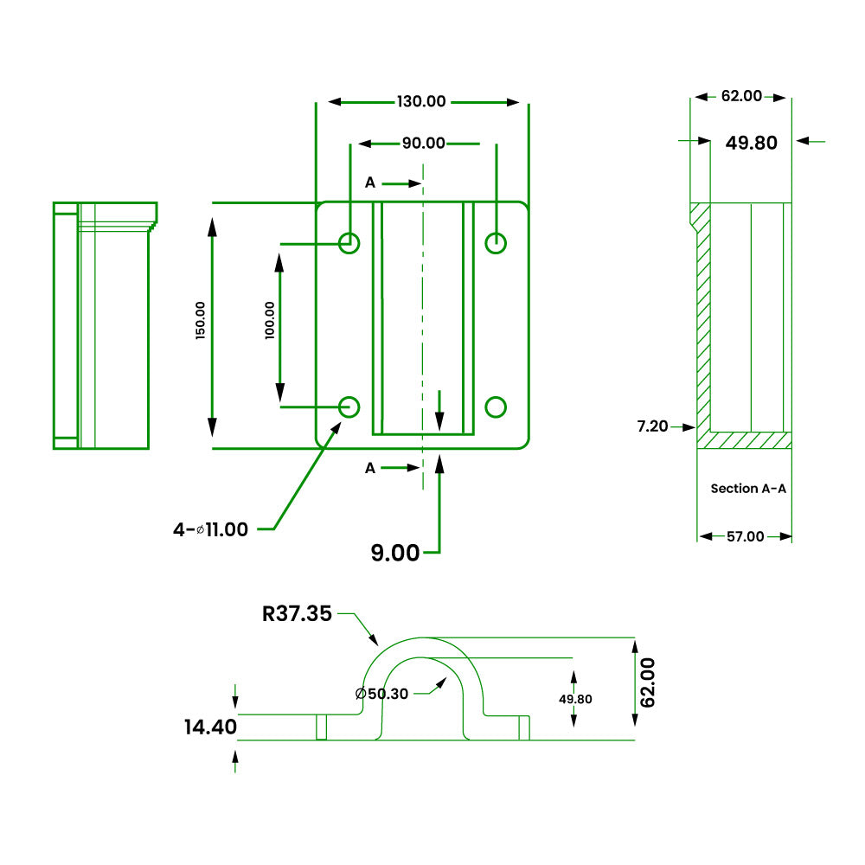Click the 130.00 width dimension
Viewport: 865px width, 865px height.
coord(421,101)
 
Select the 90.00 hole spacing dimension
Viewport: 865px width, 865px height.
coord(423,144)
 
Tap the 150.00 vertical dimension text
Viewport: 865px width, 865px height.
coord(201,320)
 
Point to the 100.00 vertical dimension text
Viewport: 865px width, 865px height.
coord(270,320)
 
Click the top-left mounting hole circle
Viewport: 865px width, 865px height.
coord(349,243)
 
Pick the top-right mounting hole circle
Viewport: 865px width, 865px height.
coord(496,243)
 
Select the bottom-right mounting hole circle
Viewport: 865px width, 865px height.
coord(496,407)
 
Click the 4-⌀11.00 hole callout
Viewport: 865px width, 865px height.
coord(210,529)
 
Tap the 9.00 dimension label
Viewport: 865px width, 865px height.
coord(395,553)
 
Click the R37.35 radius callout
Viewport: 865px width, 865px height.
coord(297,613)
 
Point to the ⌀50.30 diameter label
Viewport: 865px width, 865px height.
coord(381,694)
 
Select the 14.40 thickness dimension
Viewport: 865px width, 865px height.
coord(210,727)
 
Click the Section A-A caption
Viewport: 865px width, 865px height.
coord(748,489)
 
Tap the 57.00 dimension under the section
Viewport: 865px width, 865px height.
coord(746,536)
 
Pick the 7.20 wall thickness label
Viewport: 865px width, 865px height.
coord(652,426)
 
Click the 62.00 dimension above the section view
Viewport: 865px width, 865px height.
coord(741,96)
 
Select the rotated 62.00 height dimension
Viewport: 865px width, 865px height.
coord(647,682)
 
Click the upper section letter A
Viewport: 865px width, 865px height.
coord(370,183)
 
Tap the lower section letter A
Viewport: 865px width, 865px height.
coord(370,468)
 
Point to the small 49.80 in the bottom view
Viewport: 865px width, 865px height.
coord(575,699)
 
